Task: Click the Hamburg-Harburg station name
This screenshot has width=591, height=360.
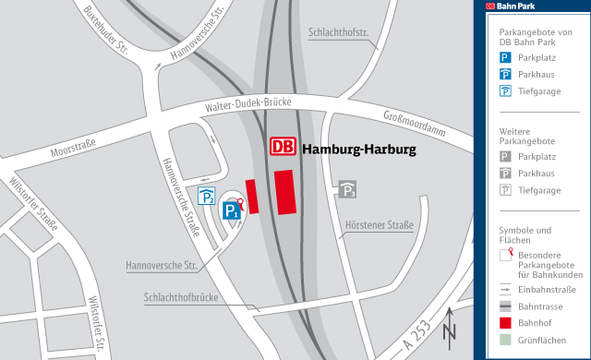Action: tap(359, 149)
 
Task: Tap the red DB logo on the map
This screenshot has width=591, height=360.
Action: tap(283, 148)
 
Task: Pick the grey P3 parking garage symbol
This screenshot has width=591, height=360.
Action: tap(347, 189)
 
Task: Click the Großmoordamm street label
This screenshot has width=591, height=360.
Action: tap(413, 127)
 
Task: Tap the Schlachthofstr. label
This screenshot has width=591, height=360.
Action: tap(338, 35)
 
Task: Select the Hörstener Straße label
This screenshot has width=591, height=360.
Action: tap(379, 225)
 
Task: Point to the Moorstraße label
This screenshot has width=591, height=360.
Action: tap(74, 149)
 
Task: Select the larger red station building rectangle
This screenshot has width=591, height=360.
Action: tap(285, 192)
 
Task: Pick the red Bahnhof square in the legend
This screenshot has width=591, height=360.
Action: tap(505, 323)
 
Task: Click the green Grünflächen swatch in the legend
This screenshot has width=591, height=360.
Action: tap(505, 340)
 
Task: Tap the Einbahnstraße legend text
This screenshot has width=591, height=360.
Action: tap(549, 290)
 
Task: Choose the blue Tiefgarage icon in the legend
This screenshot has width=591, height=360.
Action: tap(505, 90)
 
